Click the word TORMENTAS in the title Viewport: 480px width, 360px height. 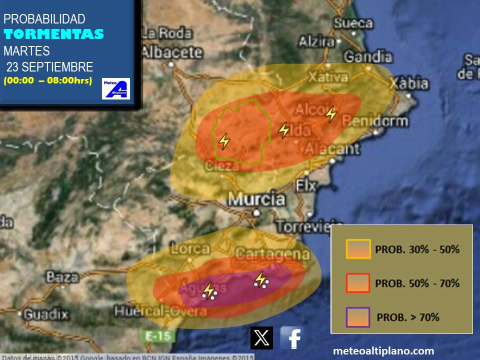point(54,34)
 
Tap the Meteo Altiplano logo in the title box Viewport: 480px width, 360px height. point(116,88)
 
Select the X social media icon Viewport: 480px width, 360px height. point(261,338)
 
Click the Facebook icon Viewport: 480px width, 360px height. point(292,338)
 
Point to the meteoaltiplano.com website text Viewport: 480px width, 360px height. point(383,351)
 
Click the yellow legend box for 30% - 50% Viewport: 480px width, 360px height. point(358,249)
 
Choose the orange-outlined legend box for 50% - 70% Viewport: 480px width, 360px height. point(358,283)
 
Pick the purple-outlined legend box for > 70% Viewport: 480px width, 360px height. point(358,317)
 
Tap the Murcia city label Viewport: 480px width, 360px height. point(256,199)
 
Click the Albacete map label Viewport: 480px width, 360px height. point(171,52)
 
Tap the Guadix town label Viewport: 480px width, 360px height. point(46,314)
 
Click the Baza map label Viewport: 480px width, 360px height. point(62,276)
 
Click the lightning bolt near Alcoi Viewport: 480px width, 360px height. point(331,114)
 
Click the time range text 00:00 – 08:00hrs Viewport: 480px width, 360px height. point(48,80)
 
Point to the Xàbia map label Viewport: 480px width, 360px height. point(409,83)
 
